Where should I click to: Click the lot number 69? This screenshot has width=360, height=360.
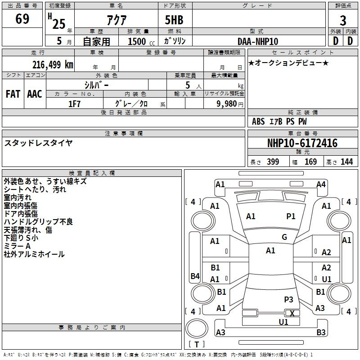click(22, 20)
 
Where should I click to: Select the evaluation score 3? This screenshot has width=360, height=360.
click(343, 21)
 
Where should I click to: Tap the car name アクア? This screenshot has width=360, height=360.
click(117, 20)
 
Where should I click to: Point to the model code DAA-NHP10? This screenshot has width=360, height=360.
click(258, 41)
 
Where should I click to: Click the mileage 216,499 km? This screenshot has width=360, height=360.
click(53, 64)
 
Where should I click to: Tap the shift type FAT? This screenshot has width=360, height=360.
click(13, 94)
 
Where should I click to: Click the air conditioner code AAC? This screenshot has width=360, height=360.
click(35, 94)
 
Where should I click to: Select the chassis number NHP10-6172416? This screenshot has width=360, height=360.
click(302, 143)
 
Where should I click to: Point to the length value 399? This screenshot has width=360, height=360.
click(273, 162)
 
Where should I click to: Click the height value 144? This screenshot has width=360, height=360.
click(346, 162)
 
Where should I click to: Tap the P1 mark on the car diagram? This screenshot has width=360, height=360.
click(291, 216)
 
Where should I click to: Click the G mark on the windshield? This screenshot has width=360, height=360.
click(284, 237)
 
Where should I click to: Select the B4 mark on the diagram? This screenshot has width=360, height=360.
click(195, 276)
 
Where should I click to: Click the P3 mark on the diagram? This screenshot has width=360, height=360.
click(288, 299)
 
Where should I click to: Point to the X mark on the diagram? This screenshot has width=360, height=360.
click(292, 313)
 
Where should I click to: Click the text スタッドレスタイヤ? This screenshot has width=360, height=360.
click(39, 143)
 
